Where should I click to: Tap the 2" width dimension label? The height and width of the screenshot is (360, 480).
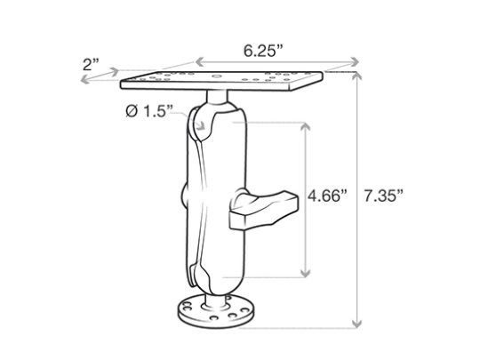(92, 63)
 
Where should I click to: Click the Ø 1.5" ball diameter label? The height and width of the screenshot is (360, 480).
(147, 114)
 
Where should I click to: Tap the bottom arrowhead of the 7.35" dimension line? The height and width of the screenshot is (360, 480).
(359, 324)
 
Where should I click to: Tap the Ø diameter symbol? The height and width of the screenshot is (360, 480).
(131, 114)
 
